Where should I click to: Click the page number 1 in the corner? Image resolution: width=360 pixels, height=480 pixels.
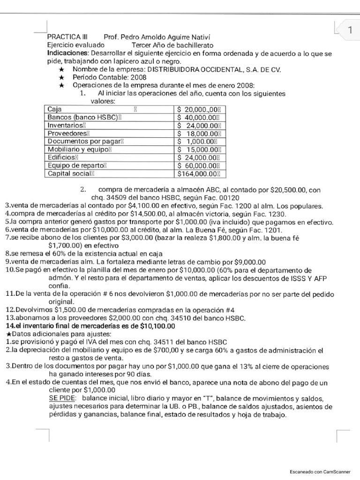coord(349,30)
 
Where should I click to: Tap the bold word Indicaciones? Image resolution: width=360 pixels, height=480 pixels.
coord(68,53)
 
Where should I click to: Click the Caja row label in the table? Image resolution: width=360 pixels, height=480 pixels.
coord(55,109)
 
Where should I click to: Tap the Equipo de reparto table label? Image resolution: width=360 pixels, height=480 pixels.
coord(77,165)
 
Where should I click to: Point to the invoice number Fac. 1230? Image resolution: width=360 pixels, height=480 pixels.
coord(266,214)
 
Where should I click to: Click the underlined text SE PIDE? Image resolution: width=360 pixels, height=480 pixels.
coord(62,397)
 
